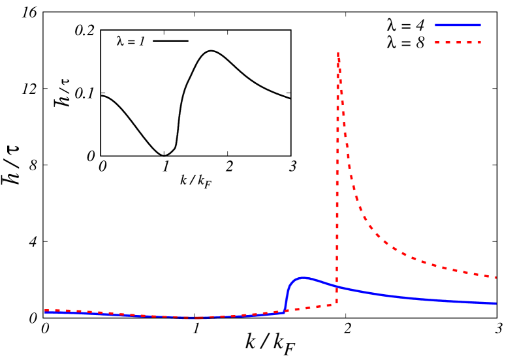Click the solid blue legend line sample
(458, 25)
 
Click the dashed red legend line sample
(458, 42)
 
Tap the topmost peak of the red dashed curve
(337, 53)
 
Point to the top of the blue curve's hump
(302, 278)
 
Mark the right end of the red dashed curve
(496, 277)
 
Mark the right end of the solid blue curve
(496, 303)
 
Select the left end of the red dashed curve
(45, 310)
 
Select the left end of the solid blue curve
(45, 313)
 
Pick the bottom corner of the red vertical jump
(337, 303)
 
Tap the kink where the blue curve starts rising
(285, 311)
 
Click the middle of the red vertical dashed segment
(337, 176)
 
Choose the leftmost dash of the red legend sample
(437, 42)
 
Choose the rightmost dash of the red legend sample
(478, 42)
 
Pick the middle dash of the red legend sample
(458, 42)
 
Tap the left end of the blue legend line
(435, 25)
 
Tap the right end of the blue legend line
(480, 25)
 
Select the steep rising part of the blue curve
(287, 297)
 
